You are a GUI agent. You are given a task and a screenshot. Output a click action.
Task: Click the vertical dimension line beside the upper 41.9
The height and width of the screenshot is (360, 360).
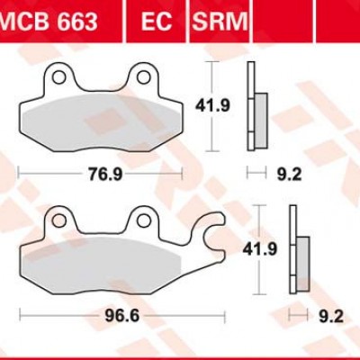[212, 105]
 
